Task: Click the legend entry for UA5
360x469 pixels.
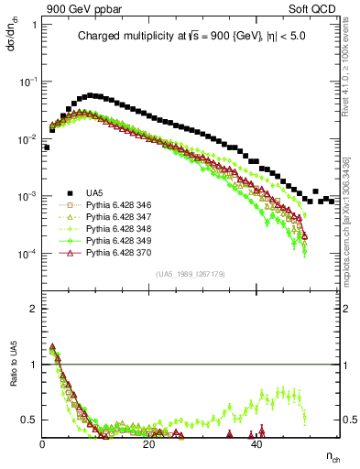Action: pyautogui.click(x=93, y=192)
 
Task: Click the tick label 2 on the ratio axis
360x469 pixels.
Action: pyautogui.click(x=33, y=309)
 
